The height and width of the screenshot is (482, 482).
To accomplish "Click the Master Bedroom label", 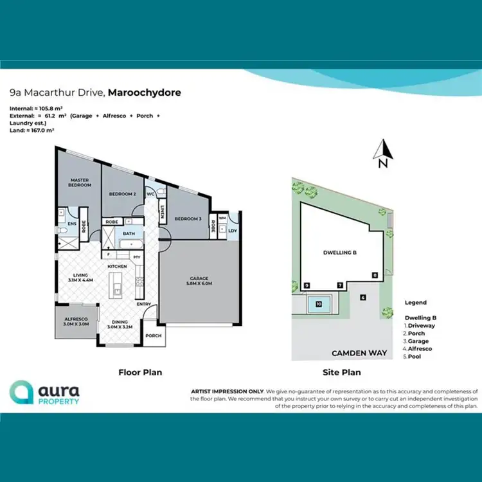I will [78, 183].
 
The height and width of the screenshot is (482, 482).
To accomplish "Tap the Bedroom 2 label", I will [121, 193].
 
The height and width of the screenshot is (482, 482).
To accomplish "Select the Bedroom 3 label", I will [188, 219].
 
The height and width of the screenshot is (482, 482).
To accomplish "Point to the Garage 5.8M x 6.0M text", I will [199, 280].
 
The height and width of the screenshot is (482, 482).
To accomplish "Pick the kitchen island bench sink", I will [118, 290].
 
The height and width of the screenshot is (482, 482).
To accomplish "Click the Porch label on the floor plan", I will [154, 335].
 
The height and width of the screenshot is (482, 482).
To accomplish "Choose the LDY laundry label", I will [233, 229].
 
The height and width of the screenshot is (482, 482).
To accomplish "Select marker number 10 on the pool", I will [319, 304].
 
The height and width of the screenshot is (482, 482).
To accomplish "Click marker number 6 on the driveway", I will [363, 297].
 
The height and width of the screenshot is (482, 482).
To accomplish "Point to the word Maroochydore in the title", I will [145, 93].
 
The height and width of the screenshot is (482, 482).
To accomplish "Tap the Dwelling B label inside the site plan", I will [340, 253].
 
